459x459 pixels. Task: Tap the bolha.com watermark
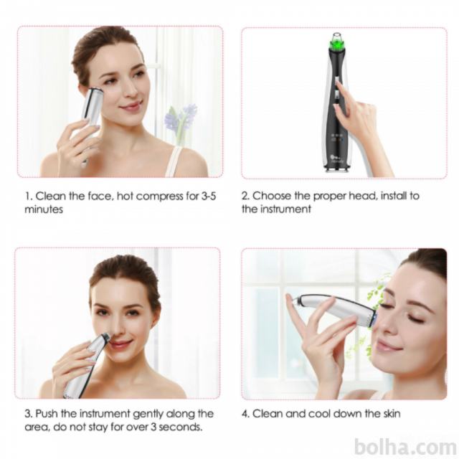tap(404, 448)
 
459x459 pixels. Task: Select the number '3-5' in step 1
tap(209, 196)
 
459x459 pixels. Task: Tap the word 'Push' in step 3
tap(47, 414)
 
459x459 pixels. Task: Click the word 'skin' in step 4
tap(392, 414)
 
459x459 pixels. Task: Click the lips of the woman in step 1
tap(132, 106)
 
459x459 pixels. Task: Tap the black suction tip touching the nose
tap(106, 336)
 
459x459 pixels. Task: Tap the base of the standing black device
tap(336, 169)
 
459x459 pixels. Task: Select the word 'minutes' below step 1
tap(44, 209)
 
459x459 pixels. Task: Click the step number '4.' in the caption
tap(246, 414)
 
